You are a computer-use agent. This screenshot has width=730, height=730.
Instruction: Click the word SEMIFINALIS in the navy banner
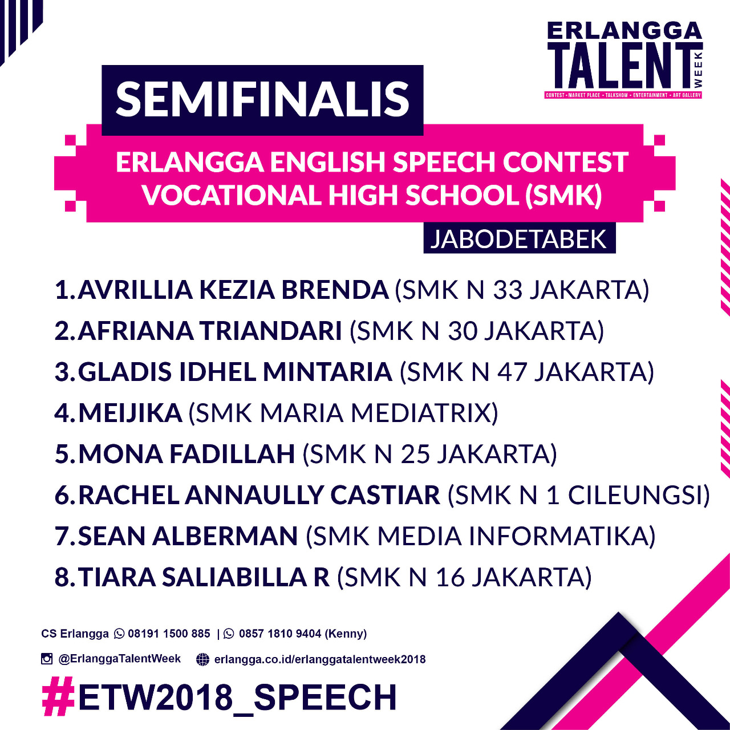262,100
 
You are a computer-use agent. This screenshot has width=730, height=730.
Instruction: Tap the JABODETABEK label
518,238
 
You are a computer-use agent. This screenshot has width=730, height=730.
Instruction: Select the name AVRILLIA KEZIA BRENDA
233,290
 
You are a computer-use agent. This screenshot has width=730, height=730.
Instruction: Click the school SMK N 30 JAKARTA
477,331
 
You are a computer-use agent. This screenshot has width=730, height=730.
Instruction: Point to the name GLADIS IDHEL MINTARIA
235,372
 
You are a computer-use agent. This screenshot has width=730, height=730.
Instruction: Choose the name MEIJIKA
130,413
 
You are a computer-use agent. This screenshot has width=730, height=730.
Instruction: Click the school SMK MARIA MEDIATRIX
343,413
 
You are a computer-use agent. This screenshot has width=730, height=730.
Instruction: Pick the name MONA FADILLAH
186,454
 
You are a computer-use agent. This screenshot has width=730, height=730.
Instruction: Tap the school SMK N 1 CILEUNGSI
579,495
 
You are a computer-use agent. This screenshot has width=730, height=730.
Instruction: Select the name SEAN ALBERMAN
188,536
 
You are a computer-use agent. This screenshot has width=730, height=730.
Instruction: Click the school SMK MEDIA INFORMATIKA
480,537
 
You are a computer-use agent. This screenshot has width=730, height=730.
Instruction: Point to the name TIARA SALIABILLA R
204,577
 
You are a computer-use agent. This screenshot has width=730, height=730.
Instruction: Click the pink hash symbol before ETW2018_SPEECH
58,696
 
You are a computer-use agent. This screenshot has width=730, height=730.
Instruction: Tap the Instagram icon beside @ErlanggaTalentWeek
47,659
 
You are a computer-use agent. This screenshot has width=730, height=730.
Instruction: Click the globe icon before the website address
202,659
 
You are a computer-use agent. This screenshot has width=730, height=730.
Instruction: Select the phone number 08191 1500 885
169,634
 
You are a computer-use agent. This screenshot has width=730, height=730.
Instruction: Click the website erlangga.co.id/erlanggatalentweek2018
320,659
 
